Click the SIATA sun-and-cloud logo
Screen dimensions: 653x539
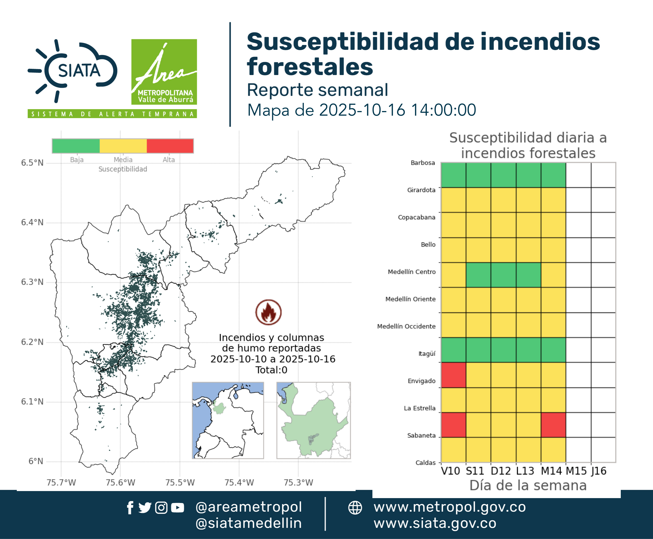tap(73, 71)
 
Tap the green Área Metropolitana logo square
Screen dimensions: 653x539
tap(164, 72)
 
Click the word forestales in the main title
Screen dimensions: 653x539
tap(310, 67)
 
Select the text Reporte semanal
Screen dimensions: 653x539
tap(317, 90)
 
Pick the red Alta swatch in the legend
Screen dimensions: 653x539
tap(170, 146)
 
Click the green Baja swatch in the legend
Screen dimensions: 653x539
tap(76, 146)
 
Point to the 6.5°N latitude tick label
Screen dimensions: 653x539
tap(32, 163)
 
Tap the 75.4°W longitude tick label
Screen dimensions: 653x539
tap(239, 482)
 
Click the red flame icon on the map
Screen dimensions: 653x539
tap(269, 312)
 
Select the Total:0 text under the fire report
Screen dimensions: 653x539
tap(271, 370)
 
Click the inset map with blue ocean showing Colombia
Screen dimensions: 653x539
tap(228, 420)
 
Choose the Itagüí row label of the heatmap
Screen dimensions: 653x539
tap(427, 354)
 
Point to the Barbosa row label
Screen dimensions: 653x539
tap(423, 163)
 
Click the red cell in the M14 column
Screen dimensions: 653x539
tap(553, 425)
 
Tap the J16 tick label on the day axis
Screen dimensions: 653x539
tap(599, 471)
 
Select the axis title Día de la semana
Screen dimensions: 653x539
tap(528, 485)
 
